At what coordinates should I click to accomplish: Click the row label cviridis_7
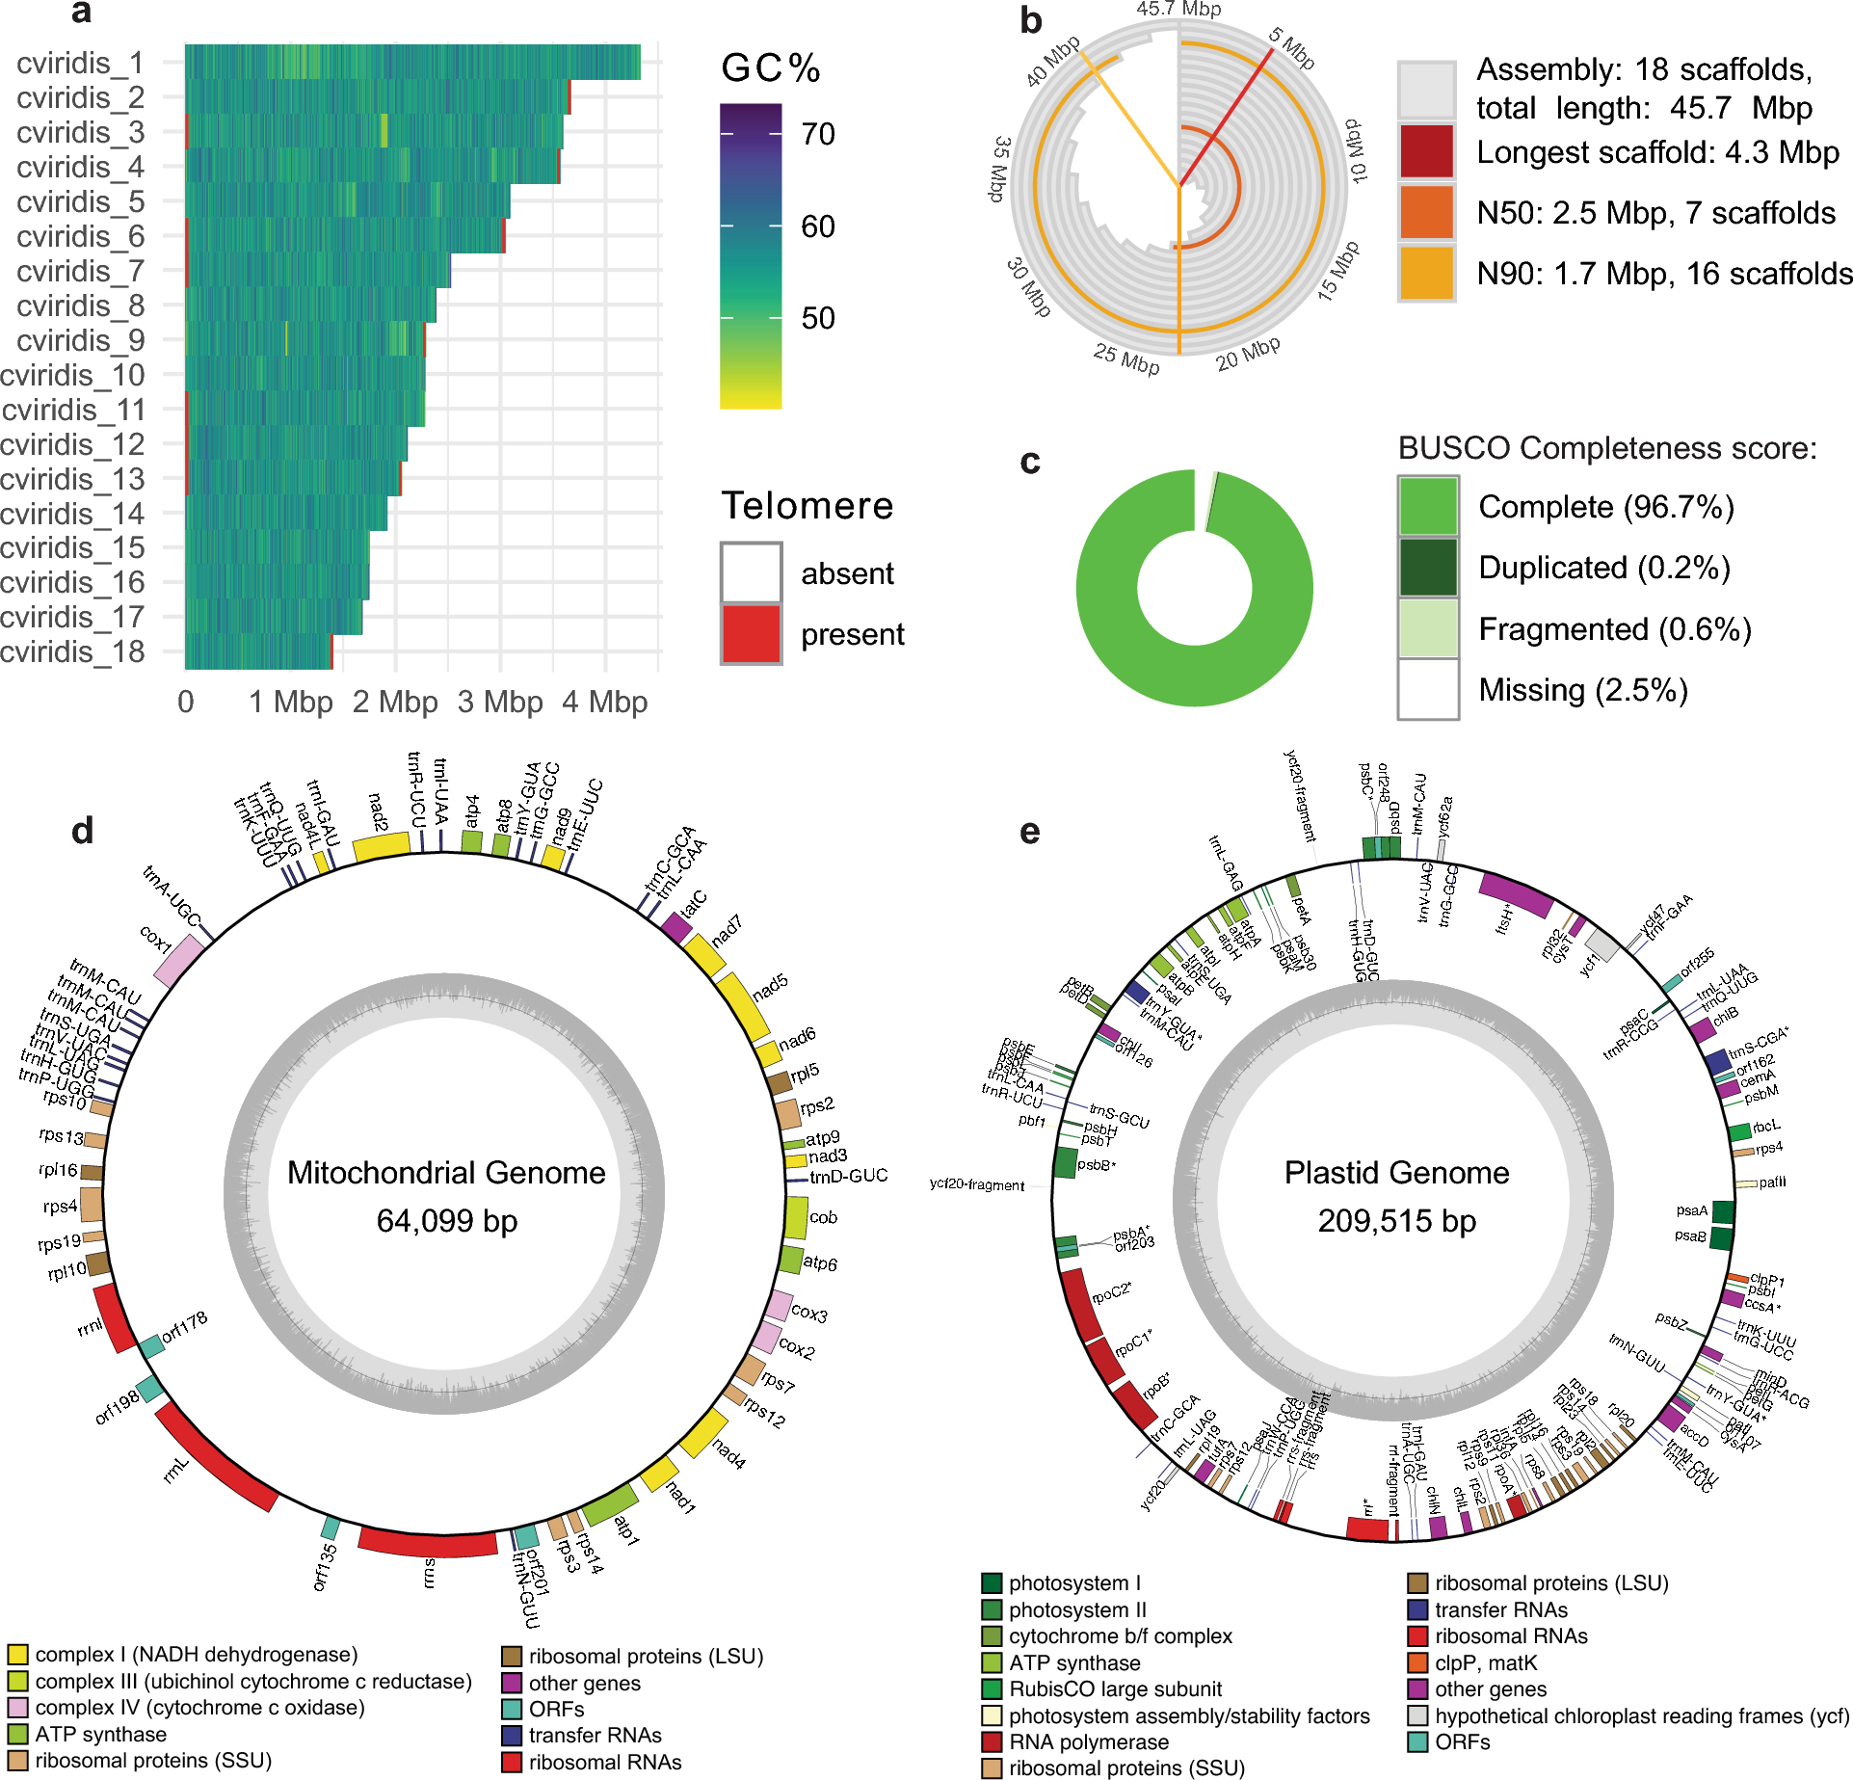pos(80,271)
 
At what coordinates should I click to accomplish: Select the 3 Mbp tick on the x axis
pos(499,703)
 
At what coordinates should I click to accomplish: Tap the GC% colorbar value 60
pos(818,226)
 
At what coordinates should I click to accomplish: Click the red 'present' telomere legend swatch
pos(751,633)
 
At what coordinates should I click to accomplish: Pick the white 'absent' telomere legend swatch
pos(751,572)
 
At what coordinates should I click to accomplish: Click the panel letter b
pos(1031,21)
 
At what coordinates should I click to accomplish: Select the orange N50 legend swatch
pos(1426,212)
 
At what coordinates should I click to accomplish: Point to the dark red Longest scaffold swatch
pos(1426,151)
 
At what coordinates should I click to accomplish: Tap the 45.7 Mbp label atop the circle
pos(1178,10)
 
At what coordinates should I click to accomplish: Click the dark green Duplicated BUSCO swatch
pos(1428,568)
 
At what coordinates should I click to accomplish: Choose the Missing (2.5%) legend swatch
pos(1428,689)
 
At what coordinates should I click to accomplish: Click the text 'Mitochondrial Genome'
pos(446,1172)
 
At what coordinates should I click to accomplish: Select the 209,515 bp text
pos(1396,1221)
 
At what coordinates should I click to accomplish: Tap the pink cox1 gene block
pos(179,960)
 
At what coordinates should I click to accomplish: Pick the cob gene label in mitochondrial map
pos(823,1217)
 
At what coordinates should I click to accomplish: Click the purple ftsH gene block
pos(1516,893)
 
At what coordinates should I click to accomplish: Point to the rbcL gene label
pos(1766,1126)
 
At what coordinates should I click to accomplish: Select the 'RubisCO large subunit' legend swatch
pos(992,1688)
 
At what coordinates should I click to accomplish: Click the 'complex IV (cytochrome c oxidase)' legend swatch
pos(17,1707)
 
